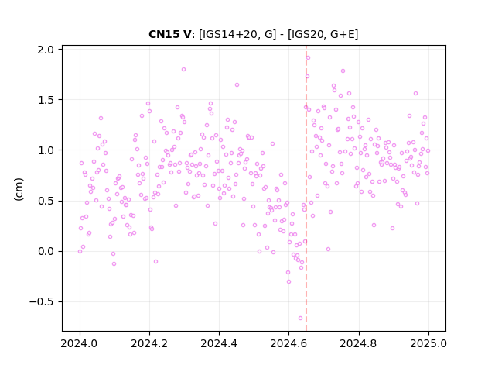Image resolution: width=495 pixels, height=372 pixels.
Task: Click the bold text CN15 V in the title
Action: point(169,34)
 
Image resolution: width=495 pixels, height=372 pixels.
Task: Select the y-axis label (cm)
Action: point(19,189)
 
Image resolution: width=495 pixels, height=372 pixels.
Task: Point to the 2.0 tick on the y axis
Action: point(46,50)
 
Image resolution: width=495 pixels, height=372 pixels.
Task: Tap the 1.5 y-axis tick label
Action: point(46,100)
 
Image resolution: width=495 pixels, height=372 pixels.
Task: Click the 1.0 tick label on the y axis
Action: point(46,150)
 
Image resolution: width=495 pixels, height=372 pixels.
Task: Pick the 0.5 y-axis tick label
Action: point(46,201)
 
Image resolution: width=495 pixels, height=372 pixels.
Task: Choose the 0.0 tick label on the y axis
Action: point(46,251)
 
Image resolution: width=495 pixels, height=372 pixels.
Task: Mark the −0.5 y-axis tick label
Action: point(42,302)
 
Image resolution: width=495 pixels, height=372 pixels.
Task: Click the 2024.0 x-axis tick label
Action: point(80,343)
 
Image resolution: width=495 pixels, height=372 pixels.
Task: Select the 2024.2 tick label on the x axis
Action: point(149,343)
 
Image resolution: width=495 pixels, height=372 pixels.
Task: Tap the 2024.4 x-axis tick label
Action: point(219,343)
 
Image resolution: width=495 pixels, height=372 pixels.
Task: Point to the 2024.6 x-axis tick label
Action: point(288,343)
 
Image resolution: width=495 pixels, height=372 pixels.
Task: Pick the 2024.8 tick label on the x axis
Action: point(359,343)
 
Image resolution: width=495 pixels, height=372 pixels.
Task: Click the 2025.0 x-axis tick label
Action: point(428,343)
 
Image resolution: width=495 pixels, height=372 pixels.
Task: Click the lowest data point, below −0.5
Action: point(301,319)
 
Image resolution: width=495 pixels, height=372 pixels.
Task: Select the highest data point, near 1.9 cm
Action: point(308,57)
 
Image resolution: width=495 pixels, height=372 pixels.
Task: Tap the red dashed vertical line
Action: point(306,188)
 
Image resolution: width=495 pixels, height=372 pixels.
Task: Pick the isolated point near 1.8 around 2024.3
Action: point(184,70)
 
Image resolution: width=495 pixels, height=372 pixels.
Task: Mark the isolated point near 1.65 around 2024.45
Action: point(237,84)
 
